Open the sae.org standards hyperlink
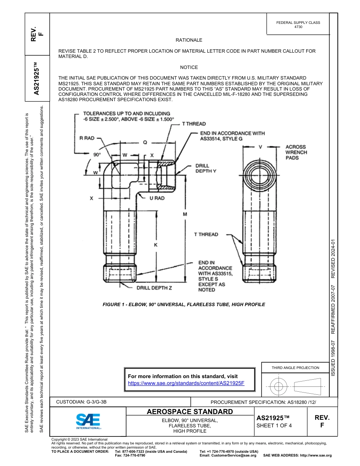(186, 383)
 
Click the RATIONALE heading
(189, 40)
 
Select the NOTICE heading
(189, 67)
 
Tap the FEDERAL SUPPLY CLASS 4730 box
(298, 25)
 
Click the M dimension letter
(185, 214)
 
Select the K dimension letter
(155, 245)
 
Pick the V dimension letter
(260, 147)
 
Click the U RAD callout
(157, 198)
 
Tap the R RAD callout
(87, 138)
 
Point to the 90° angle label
(97, 155)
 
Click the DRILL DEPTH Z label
(154, 288)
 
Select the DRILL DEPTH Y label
(206, 169)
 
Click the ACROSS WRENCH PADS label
(296, 152)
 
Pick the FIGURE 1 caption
(184, 304)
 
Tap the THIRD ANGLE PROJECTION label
(295, 367)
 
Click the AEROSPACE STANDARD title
(190, 412)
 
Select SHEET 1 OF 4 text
(274, 425)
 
